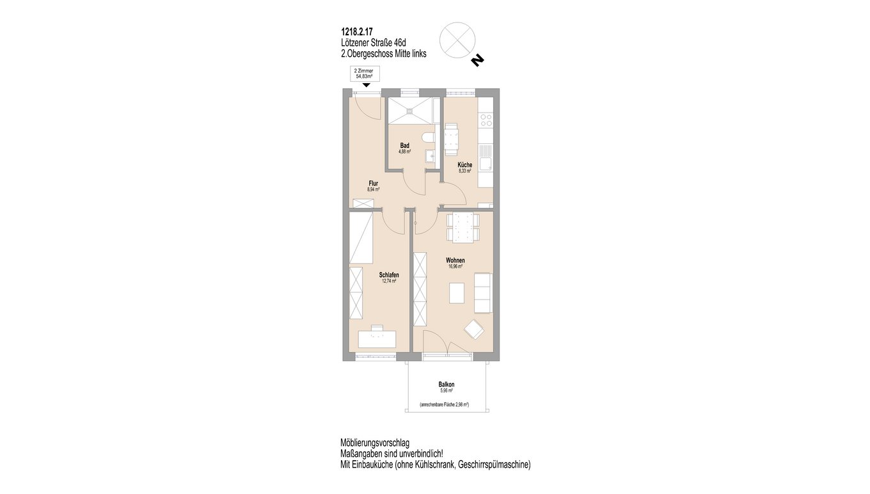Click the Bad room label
pyautogui.click(x=405, y=146)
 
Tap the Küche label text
pyautogui.click(x=464, y=165)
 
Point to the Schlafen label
pyautogui.click(x=389, y=275)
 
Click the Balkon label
pyautogui.click(x=447, y=385)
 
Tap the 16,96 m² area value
pyautogui.click(x=455, y=266)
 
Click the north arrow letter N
pyautogui.click(x=477, y=61)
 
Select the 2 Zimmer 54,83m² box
pyautogui.click(x=365, y=74)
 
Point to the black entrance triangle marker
pyautogui.click(x=366, y=86)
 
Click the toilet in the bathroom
pyautogui.click(x=427, y=139)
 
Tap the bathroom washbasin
pyautogui.click(x=430, y=156)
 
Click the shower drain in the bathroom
pyautogui.click(x=410, y=111)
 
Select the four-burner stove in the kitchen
pyautogui.click(x=486, y=120)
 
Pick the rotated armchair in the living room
pyautogui.click(x=474, y=330)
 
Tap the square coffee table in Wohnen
pyautogui.click(x=457, y=293)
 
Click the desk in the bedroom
pyautogui.click(x=106, y=339)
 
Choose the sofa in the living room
pyautogui.click(x=483, y=293)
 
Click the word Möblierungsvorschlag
pyautogui.click(x=375, y=443)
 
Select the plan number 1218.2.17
pyautogui.click(x=356, y=32)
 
